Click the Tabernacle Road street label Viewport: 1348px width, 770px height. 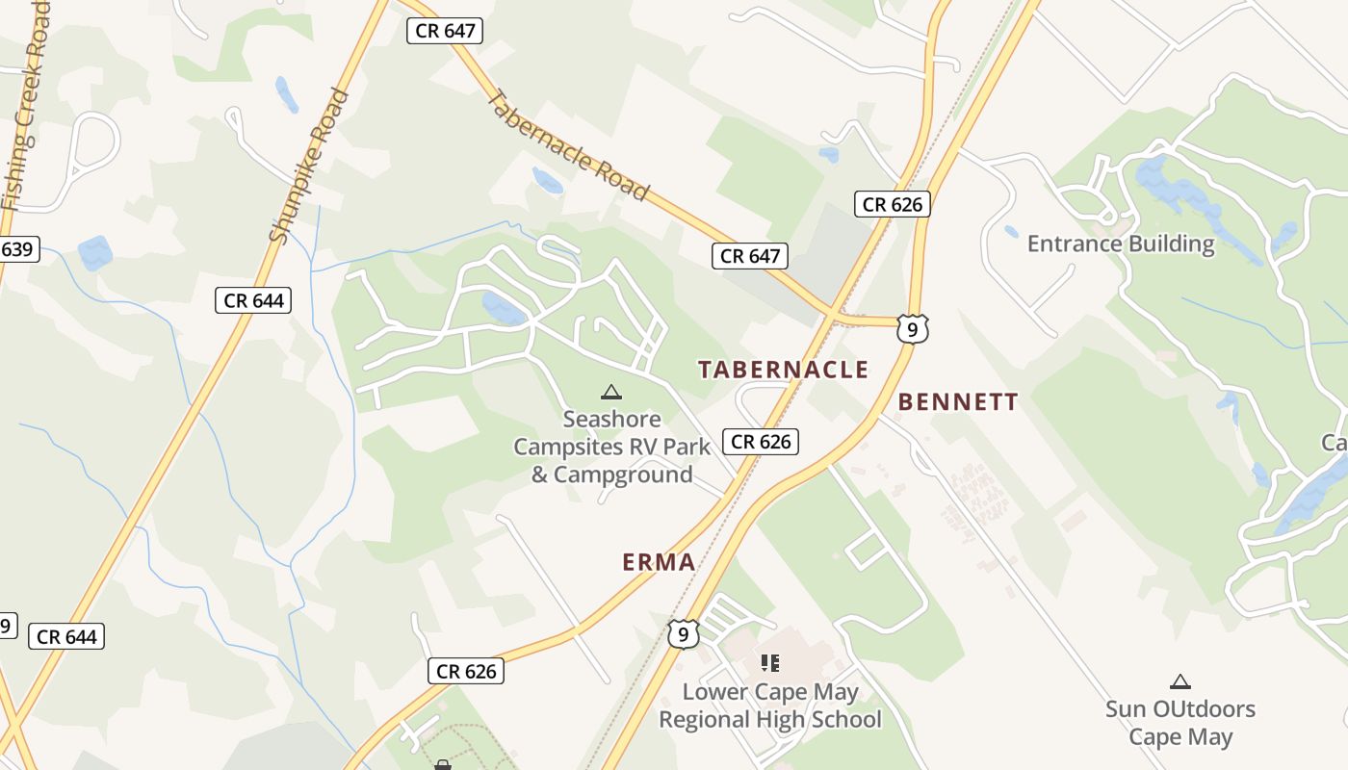568,144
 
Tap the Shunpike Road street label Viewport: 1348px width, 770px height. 309,166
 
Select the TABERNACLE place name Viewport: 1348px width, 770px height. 783,370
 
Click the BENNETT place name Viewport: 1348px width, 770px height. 958,402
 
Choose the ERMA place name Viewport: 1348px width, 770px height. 659,562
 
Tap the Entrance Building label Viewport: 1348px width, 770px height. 1121,244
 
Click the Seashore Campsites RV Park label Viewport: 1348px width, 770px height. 612,447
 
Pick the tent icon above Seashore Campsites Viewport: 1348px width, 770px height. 610,393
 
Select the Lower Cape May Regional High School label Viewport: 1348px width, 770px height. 769,706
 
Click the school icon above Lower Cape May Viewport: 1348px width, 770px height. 769,662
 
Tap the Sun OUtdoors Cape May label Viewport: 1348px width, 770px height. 1179,723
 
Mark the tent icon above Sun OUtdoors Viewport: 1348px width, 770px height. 1179,682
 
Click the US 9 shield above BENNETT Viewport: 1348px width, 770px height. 912,329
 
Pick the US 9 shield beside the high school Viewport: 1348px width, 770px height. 683,633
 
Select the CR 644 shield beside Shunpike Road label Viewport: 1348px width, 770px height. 254,300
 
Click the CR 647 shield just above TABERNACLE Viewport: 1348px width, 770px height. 750,256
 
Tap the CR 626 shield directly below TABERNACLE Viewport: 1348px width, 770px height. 761,442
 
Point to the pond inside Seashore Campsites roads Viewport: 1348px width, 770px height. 504,309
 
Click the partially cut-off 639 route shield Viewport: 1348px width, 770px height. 16,250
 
